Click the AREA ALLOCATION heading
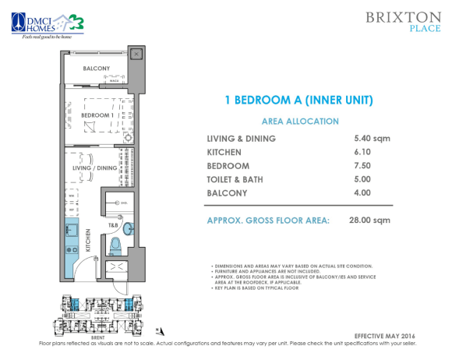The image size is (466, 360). pos(299,122)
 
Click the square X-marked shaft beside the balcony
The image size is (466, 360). pos(137,54)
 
